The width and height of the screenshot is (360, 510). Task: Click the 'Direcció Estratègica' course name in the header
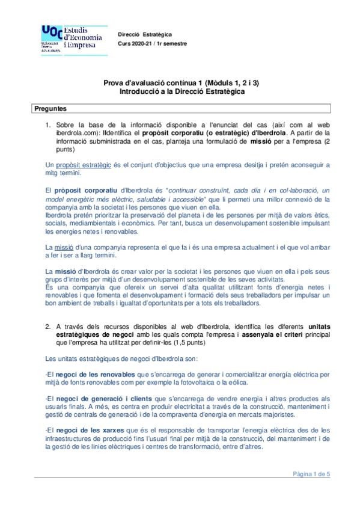coord(145,34)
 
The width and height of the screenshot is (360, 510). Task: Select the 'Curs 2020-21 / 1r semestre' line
coord(152,43)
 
